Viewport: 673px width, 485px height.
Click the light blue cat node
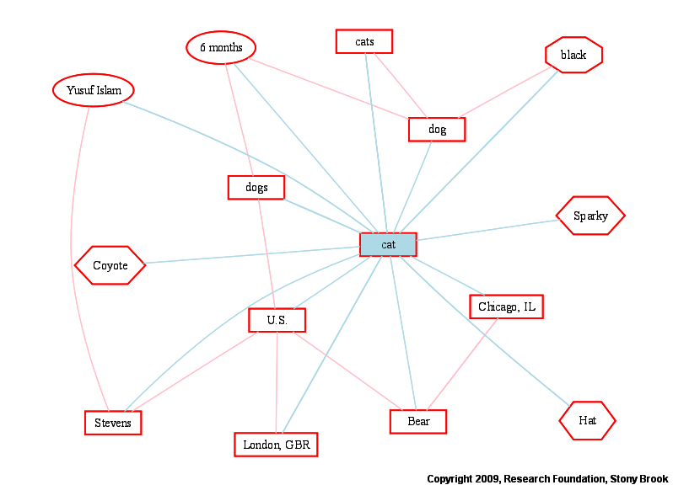tap(388, 244)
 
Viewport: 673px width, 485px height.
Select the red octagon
tap(573, 55)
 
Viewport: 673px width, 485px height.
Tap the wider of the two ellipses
tap(94, 90)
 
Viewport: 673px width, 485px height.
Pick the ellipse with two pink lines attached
tap(221, 48)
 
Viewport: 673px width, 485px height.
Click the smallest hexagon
tap(587, 420)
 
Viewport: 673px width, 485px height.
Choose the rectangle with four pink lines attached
tap(277, 320)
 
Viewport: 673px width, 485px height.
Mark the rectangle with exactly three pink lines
tap(437, 130)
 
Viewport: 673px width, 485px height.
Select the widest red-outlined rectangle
tap(276, 445)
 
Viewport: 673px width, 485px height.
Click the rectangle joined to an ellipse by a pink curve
tap(113, 423)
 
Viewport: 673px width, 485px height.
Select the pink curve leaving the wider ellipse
tap(73, 253)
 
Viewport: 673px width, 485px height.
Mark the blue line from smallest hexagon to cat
tap(489, 333)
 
